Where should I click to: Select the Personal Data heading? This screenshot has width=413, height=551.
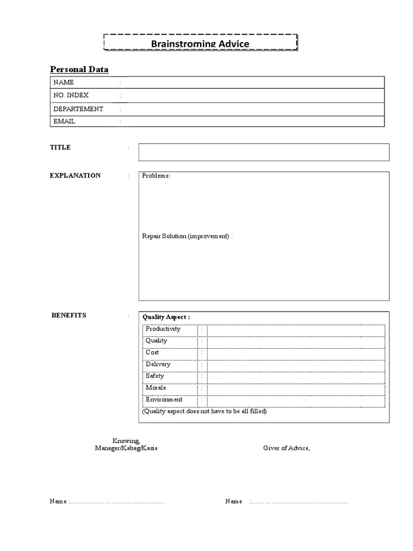pos(79,69)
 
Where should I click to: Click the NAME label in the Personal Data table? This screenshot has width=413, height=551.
pos(63,82)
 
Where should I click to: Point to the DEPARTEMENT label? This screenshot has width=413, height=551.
pos(78,109)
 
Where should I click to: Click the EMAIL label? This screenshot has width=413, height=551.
pos(64,122)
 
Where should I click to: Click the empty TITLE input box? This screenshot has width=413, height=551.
pos(264,152)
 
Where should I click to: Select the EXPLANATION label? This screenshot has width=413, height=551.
pos(75,175)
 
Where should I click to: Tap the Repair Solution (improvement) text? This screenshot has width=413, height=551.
pos(187,237)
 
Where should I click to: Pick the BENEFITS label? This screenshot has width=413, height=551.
pos(69,315)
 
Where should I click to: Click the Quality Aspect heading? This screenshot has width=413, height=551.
pos(166,317)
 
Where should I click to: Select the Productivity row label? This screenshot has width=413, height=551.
pos(163,329)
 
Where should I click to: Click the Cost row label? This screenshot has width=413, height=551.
pos(152,352)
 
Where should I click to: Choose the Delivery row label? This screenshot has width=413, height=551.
pos(158,364)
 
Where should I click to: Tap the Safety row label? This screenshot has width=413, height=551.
pos(155,376)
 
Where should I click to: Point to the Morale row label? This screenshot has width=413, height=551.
pos(156,388)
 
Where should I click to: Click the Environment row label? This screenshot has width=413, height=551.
pos(164,400)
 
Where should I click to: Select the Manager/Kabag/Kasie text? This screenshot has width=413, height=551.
pos(126,448)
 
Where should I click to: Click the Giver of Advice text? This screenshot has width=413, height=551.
pos(287,448)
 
